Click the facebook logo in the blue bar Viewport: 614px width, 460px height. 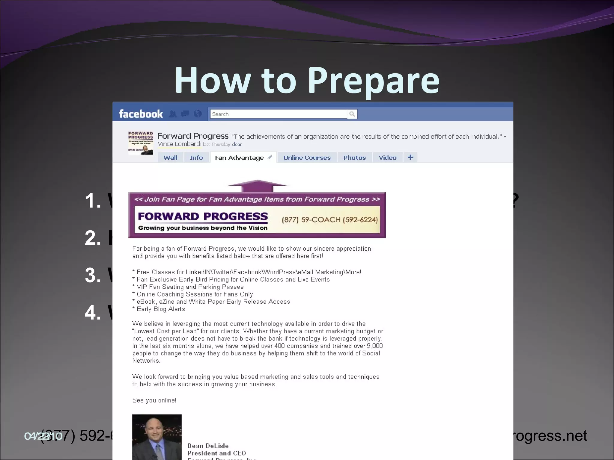click(141, 114)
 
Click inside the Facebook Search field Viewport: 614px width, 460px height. click(278, 114)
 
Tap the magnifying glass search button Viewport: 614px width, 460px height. click(352, 114)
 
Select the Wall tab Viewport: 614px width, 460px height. click(170, 158)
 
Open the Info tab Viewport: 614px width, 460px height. click(196, 158)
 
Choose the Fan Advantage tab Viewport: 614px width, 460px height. click(239, 158)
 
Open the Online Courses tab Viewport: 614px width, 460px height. click(307, 158)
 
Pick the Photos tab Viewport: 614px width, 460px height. click(354, 158)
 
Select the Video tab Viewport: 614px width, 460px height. click(387, 158)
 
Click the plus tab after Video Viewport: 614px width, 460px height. click(410, 157)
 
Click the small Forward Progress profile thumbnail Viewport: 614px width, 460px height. click(141, 143)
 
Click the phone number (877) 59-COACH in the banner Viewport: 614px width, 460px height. click(329, 220)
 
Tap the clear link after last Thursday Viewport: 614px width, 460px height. click(237, 145)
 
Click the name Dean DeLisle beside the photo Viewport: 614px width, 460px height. click(208, 446)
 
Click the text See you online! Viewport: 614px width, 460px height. click(154, 400)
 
